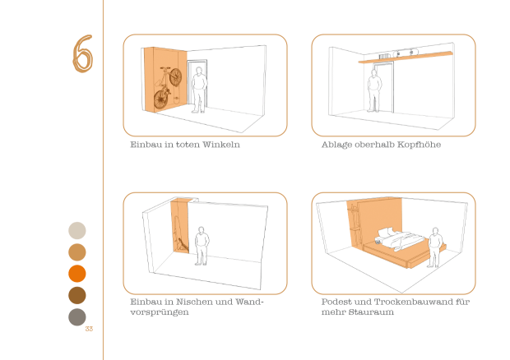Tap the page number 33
89,329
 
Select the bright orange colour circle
77,274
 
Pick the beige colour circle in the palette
77,231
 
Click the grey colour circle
77,317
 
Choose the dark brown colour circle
77,295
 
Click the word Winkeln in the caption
221,145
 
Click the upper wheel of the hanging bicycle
176,77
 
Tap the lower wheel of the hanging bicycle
160,99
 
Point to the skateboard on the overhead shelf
406,53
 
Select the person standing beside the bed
435,247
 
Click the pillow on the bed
387,233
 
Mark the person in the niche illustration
202,246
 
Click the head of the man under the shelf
374,73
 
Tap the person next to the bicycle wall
199,90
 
